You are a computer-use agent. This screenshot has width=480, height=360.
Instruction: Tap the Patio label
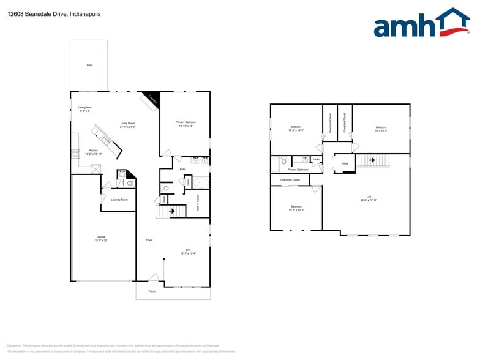pyautogui.click(x=89, y=64)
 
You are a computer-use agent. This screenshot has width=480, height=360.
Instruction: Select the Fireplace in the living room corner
pyautogui.click(x=152, y=100)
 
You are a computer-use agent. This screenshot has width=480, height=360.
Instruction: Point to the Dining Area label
pyautogui.click(x=84, y=108)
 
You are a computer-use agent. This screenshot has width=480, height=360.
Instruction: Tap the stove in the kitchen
pyautogui.click(x=75, y=154)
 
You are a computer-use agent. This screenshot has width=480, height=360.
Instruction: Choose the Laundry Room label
pyautogui.click(x=119, y=200)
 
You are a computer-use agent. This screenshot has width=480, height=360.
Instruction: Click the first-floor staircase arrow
pyautogui.click(x=173, y=212)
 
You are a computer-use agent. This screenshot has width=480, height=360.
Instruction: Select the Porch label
pyautogui.click(x=152, y=291)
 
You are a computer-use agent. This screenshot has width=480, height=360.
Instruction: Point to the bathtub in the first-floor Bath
pyautogui.click(x=201, y=182)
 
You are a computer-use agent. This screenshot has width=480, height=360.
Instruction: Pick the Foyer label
pyautogui.click(x=149, y=240)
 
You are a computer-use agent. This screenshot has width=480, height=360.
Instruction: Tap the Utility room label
pyautogui.click(x=345, y=163)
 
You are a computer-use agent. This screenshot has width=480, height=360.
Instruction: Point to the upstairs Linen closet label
pyautogui.click(x=316, y=160)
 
